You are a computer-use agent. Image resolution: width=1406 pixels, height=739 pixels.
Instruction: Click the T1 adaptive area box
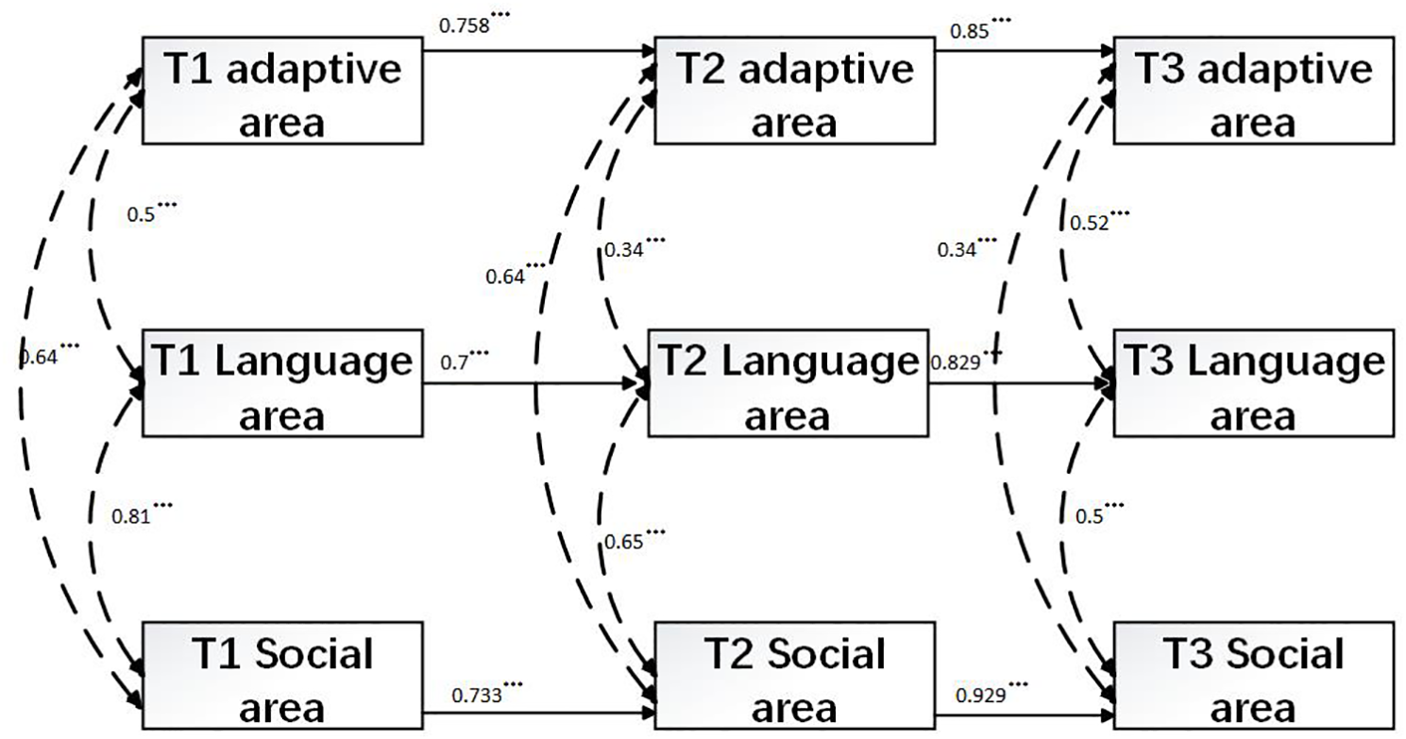pos(283,91)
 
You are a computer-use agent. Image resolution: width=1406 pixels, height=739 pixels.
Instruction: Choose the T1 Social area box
pos(283,676)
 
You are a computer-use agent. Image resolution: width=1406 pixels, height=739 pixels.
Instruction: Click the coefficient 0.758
pos(464,26)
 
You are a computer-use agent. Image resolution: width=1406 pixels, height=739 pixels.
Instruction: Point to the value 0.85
pos(969,31)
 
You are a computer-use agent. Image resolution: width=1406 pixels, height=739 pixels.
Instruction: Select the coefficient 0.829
pos(954,362)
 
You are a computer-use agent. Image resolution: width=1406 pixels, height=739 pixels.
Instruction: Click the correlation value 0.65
pos(624,543)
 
